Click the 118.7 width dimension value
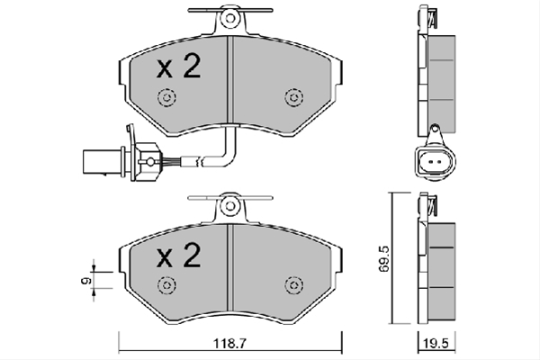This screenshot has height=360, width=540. click(230, 344)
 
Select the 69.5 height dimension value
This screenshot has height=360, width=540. click(384, 258)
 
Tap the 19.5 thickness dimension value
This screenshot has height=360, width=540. click(436, 344)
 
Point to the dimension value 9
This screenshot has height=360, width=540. click(85, 281)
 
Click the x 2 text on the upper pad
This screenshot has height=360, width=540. click(179, 67)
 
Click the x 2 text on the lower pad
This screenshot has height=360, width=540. click(179, 256)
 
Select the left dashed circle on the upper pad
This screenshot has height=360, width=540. click(166, 97)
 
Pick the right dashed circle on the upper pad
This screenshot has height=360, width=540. click(294, 97)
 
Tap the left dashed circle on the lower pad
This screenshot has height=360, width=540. click(166, 285)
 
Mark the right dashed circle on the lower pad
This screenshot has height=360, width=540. click(294, 285)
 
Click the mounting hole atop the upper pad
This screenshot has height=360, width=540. click(230, 18)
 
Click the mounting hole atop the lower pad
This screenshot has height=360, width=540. click(230, 206)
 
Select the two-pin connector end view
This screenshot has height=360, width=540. click(435, 162)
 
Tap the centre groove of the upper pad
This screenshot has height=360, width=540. click(230, 79)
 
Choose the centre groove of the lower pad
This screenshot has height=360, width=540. click(230, 267)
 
